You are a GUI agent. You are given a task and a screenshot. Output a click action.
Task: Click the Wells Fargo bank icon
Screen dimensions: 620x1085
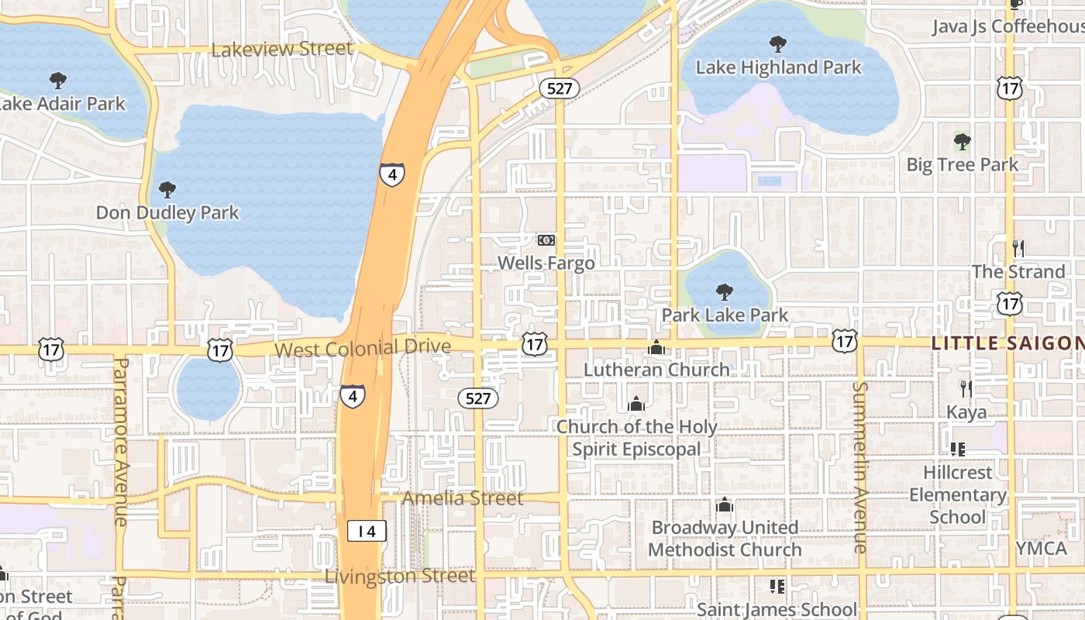click(546, 240)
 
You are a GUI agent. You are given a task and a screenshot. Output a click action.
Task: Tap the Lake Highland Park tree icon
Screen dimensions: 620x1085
click(778, 44)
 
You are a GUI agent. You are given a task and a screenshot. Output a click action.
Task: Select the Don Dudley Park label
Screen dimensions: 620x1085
click(167, 212)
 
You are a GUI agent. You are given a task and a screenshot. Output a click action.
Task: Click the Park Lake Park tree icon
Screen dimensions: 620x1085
click(725, 292)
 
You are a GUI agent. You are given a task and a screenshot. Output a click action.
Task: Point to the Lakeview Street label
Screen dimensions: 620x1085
click(282, 49)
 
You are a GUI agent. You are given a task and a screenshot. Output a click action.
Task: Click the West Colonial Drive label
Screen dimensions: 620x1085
click(363, 348)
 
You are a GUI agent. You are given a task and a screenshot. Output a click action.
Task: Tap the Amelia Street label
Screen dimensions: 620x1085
click(463, 498)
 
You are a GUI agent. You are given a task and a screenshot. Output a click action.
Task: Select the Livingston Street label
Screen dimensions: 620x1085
click(400, 577)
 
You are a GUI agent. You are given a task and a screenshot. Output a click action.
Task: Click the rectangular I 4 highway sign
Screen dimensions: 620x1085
click(367, 531)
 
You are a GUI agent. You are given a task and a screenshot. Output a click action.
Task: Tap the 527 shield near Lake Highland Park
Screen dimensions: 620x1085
click(559, 88)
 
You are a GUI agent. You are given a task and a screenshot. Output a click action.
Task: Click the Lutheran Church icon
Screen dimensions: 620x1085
click(656, 347)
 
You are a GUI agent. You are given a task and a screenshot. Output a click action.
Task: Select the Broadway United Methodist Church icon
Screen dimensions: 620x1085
click(725, 505)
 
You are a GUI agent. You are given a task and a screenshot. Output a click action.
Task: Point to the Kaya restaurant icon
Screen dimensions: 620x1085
click(966, 388)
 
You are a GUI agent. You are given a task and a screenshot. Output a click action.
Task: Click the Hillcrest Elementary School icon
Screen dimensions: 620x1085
click(957, 449)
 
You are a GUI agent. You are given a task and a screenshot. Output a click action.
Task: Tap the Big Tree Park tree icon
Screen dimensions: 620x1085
click(962, 142)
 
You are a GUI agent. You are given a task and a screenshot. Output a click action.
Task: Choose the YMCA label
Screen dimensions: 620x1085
click(1041, 548)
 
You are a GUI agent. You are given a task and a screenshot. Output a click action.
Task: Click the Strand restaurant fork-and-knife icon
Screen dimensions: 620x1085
click(1018, 249)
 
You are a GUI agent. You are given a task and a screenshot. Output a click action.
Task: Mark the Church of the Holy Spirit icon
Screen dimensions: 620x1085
click(636, 404)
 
